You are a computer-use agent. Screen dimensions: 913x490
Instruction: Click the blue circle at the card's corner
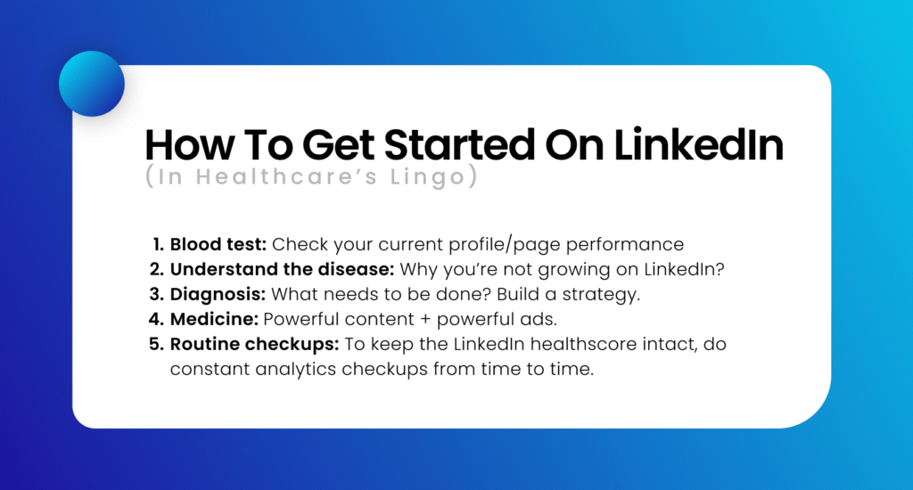(92, 84)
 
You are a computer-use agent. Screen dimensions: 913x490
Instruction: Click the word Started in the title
(459, 145)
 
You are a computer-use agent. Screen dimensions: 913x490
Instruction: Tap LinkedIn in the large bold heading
(698, 144)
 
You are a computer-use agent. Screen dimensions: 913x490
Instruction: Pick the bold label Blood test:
(218, 244)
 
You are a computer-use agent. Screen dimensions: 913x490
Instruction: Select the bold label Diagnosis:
(218, 295)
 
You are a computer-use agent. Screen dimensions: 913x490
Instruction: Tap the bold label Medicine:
(214, 319)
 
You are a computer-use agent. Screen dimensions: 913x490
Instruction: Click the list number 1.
(159, 244)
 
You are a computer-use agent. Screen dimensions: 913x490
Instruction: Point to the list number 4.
(156, 319)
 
